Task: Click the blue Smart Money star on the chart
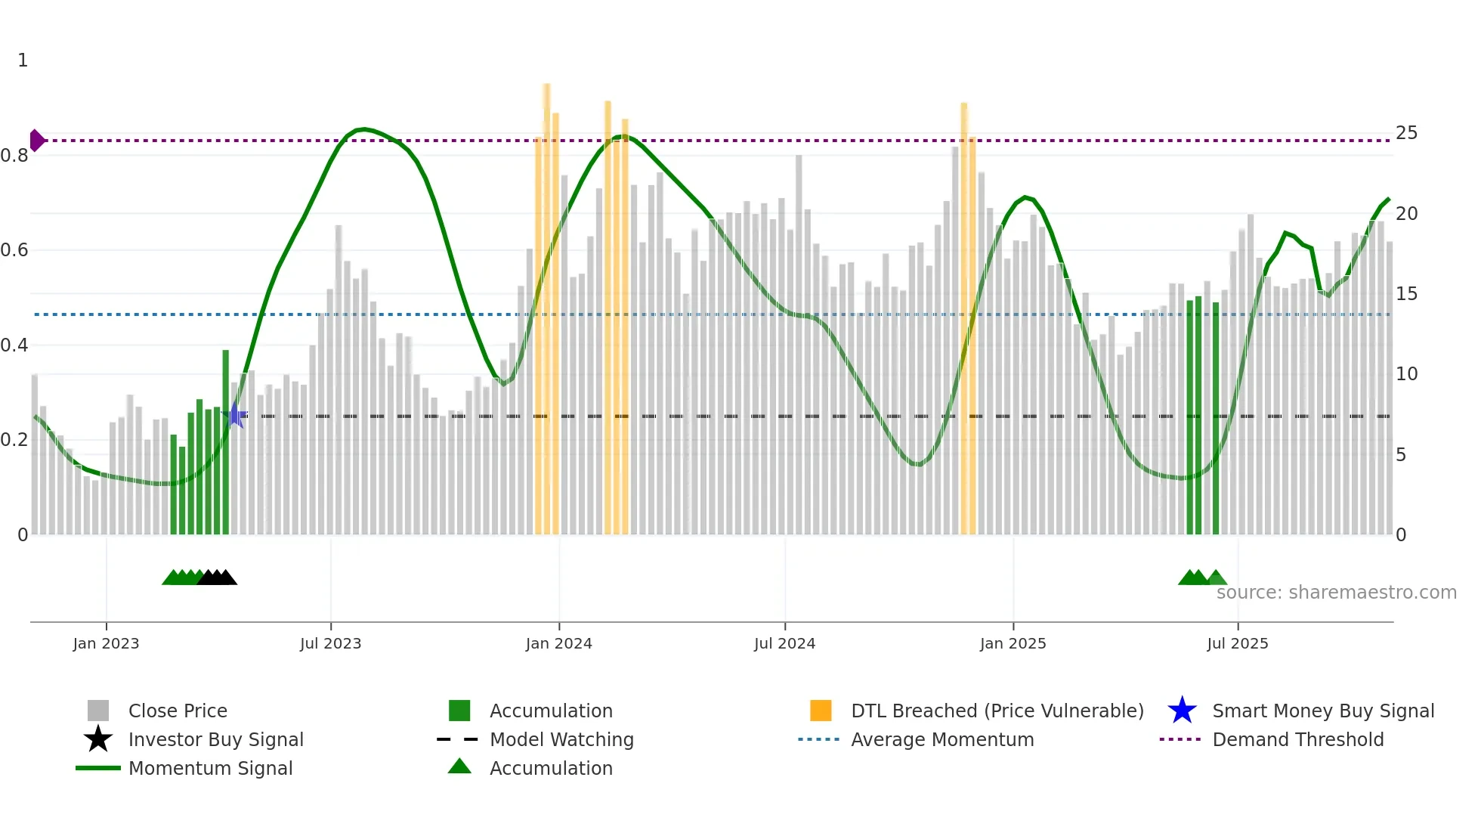[x=236, y=415]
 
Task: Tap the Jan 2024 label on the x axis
[x=558, y=643]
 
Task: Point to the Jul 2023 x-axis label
[x=330, y=643]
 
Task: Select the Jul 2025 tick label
[x=1237, y=643]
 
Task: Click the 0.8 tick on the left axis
[x=14, y=156]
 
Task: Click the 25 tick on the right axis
[x=1406, y=133]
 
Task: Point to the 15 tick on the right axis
[x=1406, y=294]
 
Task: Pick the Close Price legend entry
[x=178, y=711]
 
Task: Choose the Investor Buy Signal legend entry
[x=215, y=739]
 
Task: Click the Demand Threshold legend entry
[x=1297, y=739]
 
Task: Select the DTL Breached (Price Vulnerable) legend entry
[x=997, y=711]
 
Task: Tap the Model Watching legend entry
[x=561, y=739]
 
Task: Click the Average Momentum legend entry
[x=941, y=739]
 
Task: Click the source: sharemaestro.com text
[x=1336, y=593]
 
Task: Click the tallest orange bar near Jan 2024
[x=546, y=302]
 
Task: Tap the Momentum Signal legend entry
[x=210, y=768]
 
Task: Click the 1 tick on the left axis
[x=23, y=60]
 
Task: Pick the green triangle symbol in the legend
[x=459, y=766]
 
